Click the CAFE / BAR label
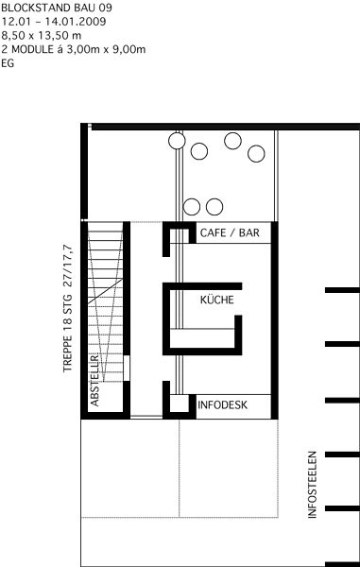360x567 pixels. pyautogui.click(x=230, y=232)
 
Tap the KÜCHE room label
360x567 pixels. pyautogui.click(x=217, y=300)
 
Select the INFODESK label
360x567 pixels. pyautogui.click(x=223, y=404)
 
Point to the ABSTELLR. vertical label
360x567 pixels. pyautogui.click(x=94, y=380)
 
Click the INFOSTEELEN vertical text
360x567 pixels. pyautogui.click(x=313, y=485)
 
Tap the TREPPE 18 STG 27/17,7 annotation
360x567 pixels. pyautogui.click(x=68, y=309)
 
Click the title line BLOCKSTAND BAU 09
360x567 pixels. pyautogui.click(x=57, y=8)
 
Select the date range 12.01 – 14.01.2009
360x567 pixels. pyautogui.click(x=54, y=22)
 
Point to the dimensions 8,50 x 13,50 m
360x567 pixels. pyautogui.click(x=42, y=36)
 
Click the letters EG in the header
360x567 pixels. pyautogui.click(x=8, y=63)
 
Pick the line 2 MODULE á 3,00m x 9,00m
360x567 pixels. pyautogui.click(x=74, y=49)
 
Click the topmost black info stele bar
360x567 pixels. pyautogui.click(x=342, y=290)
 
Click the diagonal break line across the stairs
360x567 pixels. pyautogui.click(x=106, y=291)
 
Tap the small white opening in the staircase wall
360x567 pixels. pyautogui.click(x=127, y=369)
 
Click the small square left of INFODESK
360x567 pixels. pyautogui.click(x=180, y=404)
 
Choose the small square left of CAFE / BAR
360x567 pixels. pyautogui.click(x=180, y=235)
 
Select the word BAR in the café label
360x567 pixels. pyautogui.click(x=249, y=232)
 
